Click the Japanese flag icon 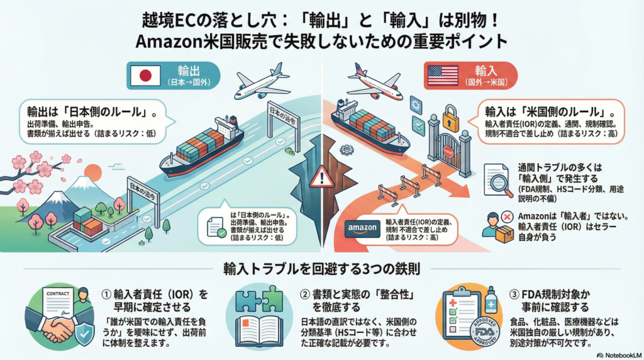[x=145, y=76]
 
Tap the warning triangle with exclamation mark [x=325, y=177]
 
